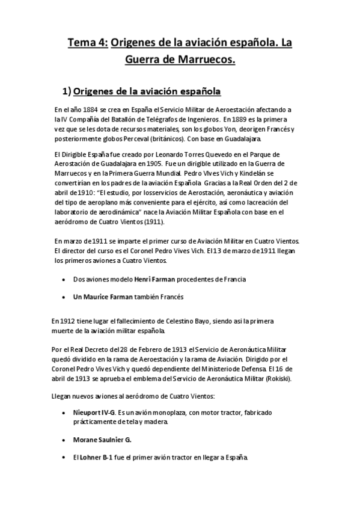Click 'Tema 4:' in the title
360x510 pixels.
(x=87, y=41)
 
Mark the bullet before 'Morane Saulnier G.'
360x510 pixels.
(x=64, y=440)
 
